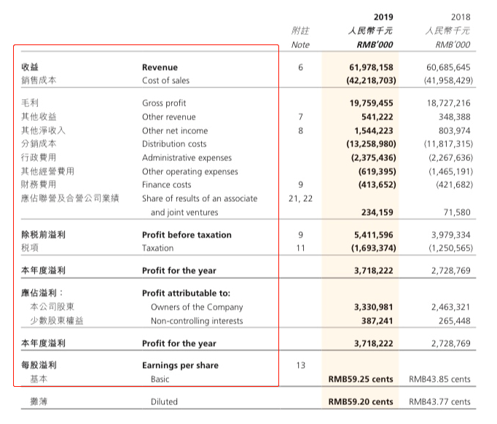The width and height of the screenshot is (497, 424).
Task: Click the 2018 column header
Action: click(461, 16)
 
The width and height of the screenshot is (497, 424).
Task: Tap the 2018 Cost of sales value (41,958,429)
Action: click(447, 80)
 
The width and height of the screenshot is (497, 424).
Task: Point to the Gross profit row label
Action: click(164, 103)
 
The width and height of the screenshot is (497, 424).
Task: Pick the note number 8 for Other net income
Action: click(300, 130)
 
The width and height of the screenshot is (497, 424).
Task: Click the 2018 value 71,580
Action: click(455, 212)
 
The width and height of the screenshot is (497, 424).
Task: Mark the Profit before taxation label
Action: click(187, 235)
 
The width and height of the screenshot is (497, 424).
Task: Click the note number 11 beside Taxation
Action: click(300, 248)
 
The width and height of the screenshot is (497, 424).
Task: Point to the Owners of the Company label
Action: click(197, 307)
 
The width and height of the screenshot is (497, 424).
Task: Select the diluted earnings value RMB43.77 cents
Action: click(440, 401)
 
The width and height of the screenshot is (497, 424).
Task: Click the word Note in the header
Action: click(300, 44)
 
